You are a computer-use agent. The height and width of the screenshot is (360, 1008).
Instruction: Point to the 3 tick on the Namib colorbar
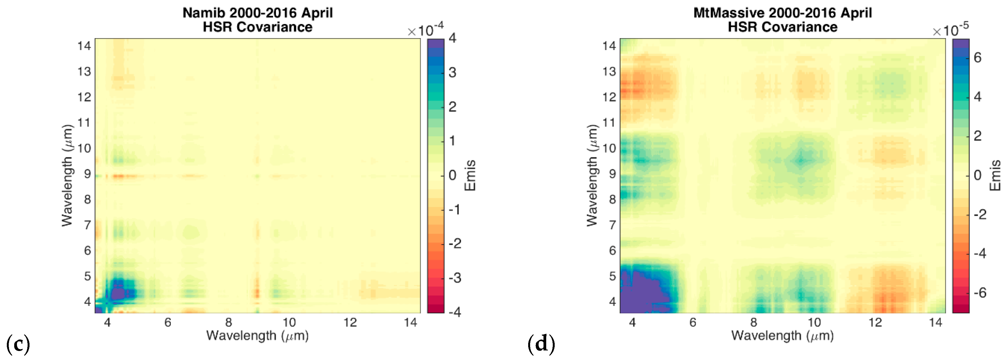452,72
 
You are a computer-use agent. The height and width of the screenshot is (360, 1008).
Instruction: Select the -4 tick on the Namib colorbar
454,312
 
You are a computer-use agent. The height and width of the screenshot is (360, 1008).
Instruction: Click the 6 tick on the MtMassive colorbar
977,58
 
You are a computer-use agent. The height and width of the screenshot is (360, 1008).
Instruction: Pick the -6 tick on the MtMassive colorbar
979,293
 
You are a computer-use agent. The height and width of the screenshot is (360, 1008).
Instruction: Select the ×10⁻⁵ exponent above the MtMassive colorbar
950,30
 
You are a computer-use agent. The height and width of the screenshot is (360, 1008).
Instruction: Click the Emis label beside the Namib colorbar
470,175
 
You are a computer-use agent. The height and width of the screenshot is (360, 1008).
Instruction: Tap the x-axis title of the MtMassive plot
783,335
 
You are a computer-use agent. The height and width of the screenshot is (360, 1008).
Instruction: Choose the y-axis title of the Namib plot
67,175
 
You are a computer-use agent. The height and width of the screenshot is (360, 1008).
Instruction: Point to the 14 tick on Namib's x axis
410,322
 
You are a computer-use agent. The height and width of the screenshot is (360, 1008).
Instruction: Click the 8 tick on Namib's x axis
228,322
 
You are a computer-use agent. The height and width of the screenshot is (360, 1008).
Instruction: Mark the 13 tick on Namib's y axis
84,72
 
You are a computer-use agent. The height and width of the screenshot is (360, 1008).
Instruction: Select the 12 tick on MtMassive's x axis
875,322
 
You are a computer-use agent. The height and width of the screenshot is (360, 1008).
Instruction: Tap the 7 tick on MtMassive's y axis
612,225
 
